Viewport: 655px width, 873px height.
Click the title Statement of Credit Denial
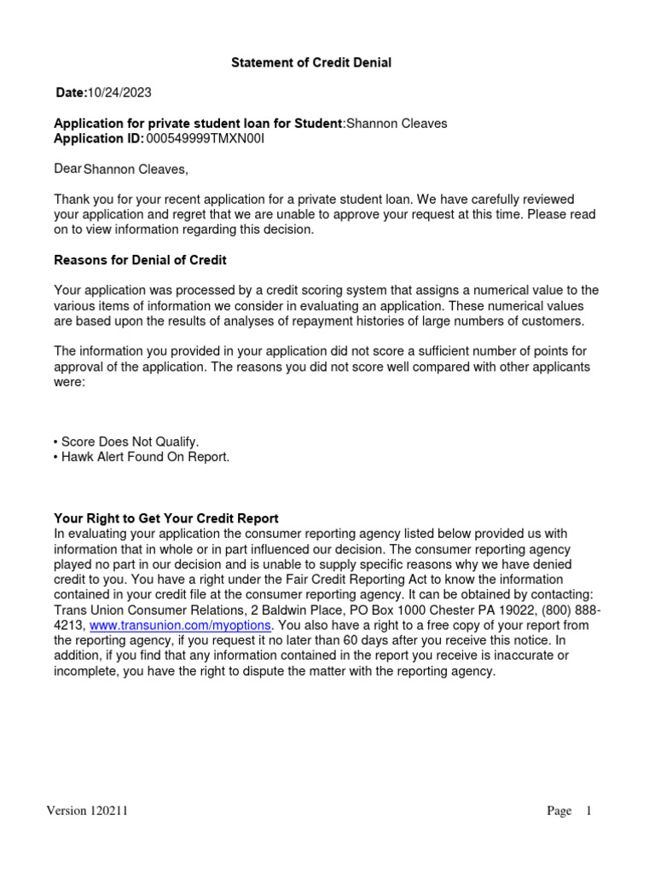pyautogui.click(x=312, y=64)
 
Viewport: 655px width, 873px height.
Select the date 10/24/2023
pyautogui.click(x=120, y=92)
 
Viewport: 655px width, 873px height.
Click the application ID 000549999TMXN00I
pyautogui.click(x=206, y=138)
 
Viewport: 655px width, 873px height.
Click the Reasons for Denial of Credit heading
pyautogui.click(x=140, y=260)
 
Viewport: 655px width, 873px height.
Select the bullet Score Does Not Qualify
pyautogui.click(x=126, y=442)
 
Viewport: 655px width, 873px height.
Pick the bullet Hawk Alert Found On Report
pyautogui.click(x=142, y=457)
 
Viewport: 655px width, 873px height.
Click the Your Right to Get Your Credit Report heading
pyautogui.click(x=166, y=518)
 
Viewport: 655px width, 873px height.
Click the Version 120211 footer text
pyautogui.click(x=87, y=812)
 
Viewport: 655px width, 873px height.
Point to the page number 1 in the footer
pyautogui.click(x=588, y=812)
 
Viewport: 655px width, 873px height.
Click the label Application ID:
pyautogui.click(x=99, y=138)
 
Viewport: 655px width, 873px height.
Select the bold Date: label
pyautogui.click(x=72, y=92)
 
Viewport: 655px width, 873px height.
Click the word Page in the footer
pyautogui.click(x=559, y=812)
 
